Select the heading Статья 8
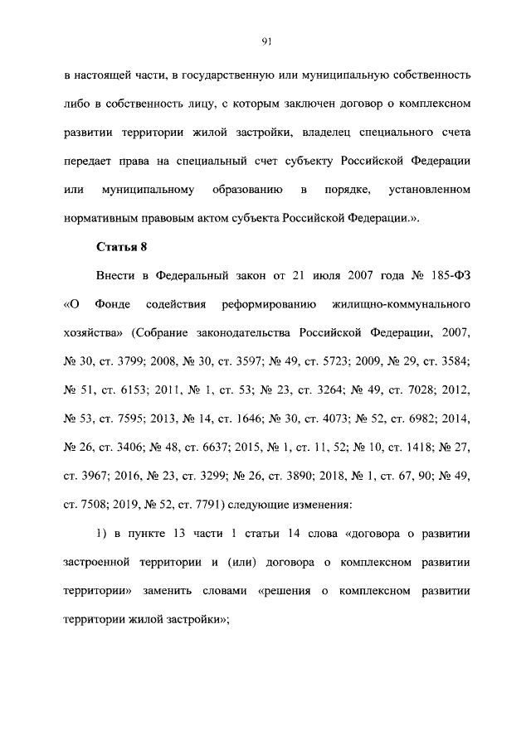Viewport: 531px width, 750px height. click(x=121, y=247)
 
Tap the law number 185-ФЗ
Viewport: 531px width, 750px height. click(x=449, y=276)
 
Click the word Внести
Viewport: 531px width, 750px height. click(x=116, y=276)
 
